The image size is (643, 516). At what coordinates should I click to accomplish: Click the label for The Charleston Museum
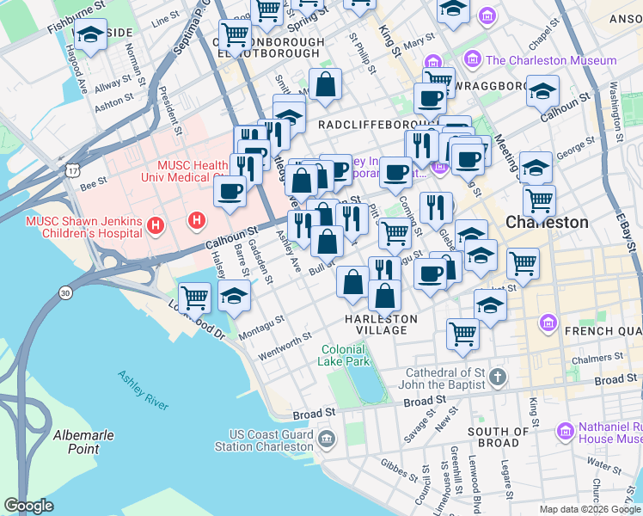(551, 60)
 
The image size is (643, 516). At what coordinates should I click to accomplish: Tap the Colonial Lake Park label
(346, 356)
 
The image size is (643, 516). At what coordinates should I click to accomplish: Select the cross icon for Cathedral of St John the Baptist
(500, 378)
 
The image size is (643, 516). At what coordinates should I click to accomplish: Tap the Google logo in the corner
(28, 506)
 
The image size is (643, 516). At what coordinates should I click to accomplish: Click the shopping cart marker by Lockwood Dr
(195, 298)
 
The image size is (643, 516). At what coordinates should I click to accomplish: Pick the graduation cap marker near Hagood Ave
(89, 35)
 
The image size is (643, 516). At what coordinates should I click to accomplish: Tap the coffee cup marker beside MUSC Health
(230, 191)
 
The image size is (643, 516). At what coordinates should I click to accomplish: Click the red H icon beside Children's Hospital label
(156, 226)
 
